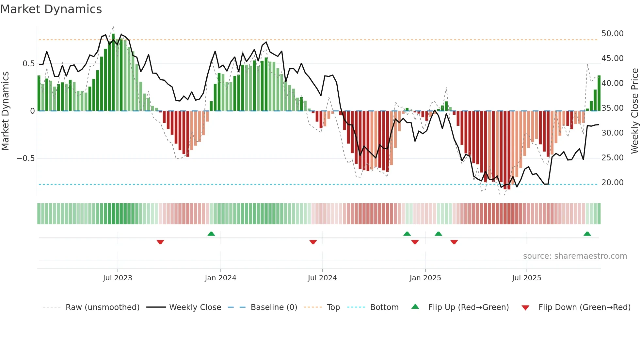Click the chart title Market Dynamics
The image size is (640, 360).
click(51, 9)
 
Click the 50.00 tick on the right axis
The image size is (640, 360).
click(612, 34)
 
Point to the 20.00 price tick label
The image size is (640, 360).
click(612, 183)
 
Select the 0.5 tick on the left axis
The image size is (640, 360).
click(28, 64)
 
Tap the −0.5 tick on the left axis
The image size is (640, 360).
click(25, 158)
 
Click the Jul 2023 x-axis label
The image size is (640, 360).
click(118, 278)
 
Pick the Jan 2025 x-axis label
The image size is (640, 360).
click(425, 278)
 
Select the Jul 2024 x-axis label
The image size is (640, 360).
click(322, 278)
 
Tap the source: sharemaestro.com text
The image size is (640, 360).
click(575, 256)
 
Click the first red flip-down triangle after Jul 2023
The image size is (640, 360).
click(160, 242)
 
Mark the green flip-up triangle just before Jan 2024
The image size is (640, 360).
click(211, 234)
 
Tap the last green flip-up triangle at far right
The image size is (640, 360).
click(587, 234)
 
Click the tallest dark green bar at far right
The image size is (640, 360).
click(599, 93)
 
